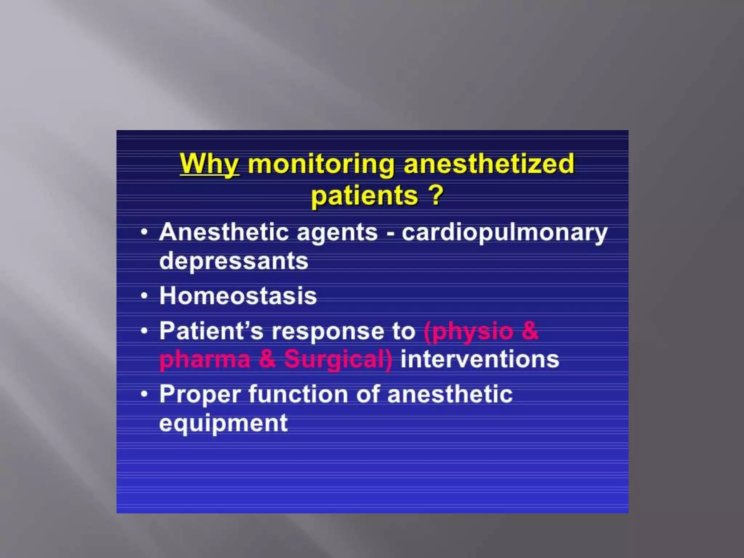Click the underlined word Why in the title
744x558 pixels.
coord(209,164)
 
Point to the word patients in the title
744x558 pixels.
coord(364,196)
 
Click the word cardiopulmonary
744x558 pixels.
coord(504,232)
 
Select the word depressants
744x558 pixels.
coord(234,261)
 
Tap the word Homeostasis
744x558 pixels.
coord(238,296)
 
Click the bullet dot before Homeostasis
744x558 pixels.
coord(145,296)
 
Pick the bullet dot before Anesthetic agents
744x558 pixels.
coord(145,232)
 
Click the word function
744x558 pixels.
coord(298,395)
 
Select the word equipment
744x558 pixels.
coord(223,423)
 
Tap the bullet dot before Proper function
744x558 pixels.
coord(145,394)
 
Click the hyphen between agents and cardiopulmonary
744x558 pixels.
coord(390,233)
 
